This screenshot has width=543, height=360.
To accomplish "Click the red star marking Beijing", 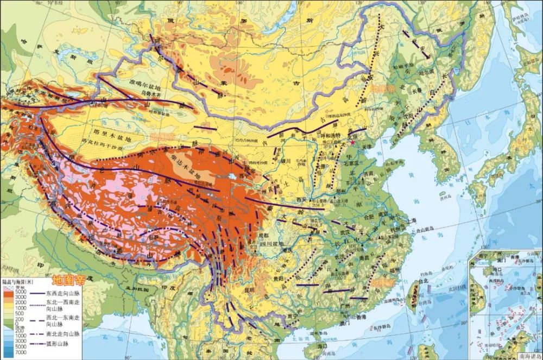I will pos(353,142).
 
